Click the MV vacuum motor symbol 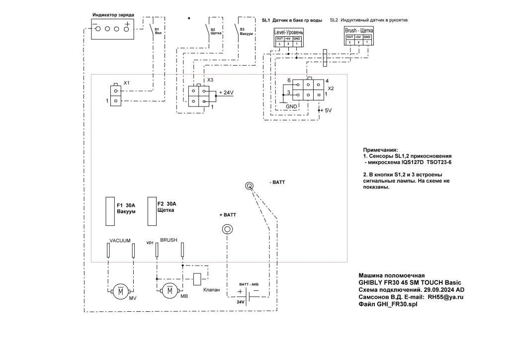click(x=120, y=291)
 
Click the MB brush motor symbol click(x=170, y=290)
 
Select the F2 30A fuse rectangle click(x=151, y=211)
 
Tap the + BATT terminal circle click(x=227, y=229)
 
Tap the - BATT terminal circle click(x=250, y=186)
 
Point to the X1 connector click(x=115, y=95)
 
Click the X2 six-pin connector click(x=308, y=90)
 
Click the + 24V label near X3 click(x=226, y=93)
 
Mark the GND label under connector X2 click(x=291, y=107)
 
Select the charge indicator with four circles click(x=113, y=29)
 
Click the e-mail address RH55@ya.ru click(x=446, y=297)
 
